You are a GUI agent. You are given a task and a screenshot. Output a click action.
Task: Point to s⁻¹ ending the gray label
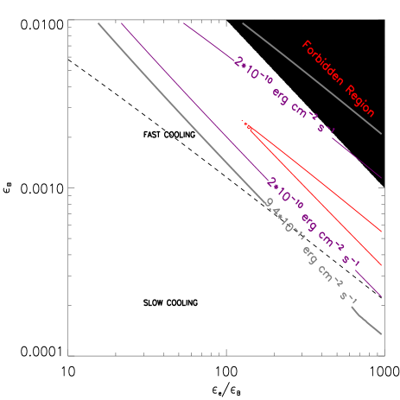pyautogui.click(x=348, y=296)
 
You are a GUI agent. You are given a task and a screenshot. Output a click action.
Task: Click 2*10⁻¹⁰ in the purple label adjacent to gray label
pyautogui.click(x=285, y=194)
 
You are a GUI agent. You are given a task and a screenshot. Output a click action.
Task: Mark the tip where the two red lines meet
pyautogui.click(x=245, y=124)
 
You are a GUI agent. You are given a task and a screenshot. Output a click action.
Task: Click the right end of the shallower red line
pyautogui.click(x=381, y=232)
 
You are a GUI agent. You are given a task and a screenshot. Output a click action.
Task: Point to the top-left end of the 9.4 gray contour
pyautogui.click(x=98, y=23)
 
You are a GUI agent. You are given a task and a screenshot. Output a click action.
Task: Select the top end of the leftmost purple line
pyautogui.click(x=121, y=23)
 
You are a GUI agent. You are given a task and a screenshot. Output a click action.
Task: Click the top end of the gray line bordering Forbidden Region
pyautogui.click(x=243, y=23)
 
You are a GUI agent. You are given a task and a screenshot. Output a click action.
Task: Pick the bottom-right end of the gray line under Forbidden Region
pyautogui.click(x=381, y=134)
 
